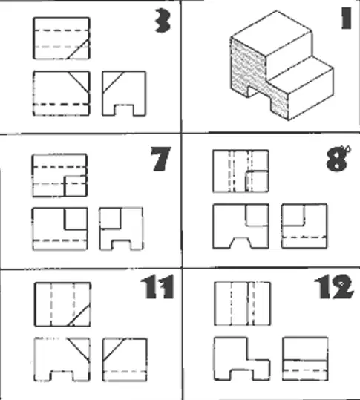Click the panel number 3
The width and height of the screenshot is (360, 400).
(x=163, y=21)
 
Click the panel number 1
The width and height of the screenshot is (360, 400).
(x=346, y=18)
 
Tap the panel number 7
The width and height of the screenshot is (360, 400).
(x=160, y=159)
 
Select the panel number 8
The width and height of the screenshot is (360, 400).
(x=338, y=159)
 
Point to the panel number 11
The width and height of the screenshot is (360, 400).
(x=157, y=286)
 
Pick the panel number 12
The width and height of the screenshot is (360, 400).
(x=334, y=286)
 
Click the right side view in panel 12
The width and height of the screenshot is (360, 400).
(x=305, y=359)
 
